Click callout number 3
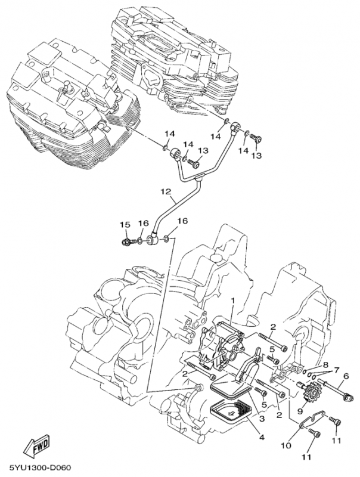pyautogui.click(x=260, y=419)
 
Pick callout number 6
pyautogui.click(x=345, y=377)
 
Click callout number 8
pyautogui.click(x=326, y=364)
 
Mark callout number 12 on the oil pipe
pyautogui.click(x=165, y=192)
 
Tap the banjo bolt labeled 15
pyautogui.click(x=127, y=243)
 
